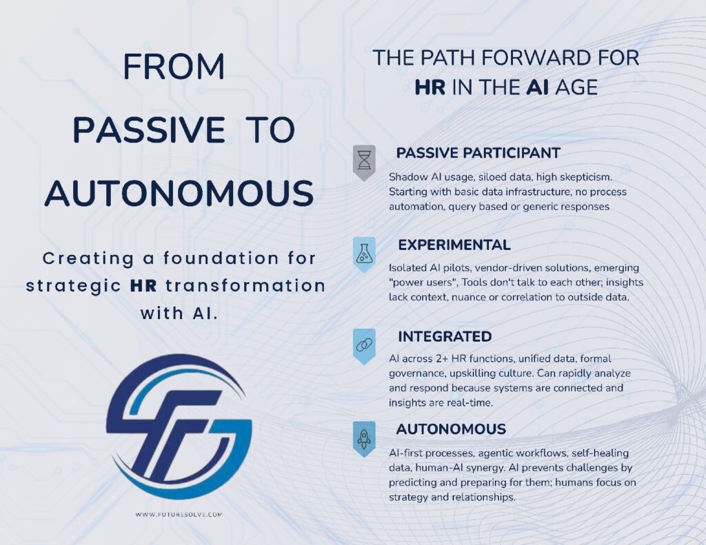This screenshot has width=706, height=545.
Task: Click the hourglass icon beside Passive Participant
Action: coord(363,161)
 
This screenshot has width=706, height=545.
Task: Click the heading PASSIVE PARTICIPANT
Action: coord(478,152)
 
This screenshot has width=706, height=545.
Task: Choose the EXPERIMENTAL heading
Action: coord(454,245)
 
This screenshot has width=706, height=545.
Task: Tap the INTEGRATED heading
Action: coord(444,337)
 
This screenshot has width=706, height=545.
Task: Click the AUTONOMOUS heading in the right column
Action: coord(451,429)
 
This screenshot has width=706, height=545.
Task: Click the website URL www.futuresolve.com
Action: coord(179,514)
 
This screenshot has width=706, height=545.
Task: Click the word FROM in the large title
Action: coord(174,67)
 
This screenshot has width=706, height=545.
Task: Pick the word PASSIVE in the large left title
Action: coord(149,130)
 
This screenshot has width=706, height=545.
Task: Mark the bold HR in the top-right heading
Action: coord(430,88)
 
